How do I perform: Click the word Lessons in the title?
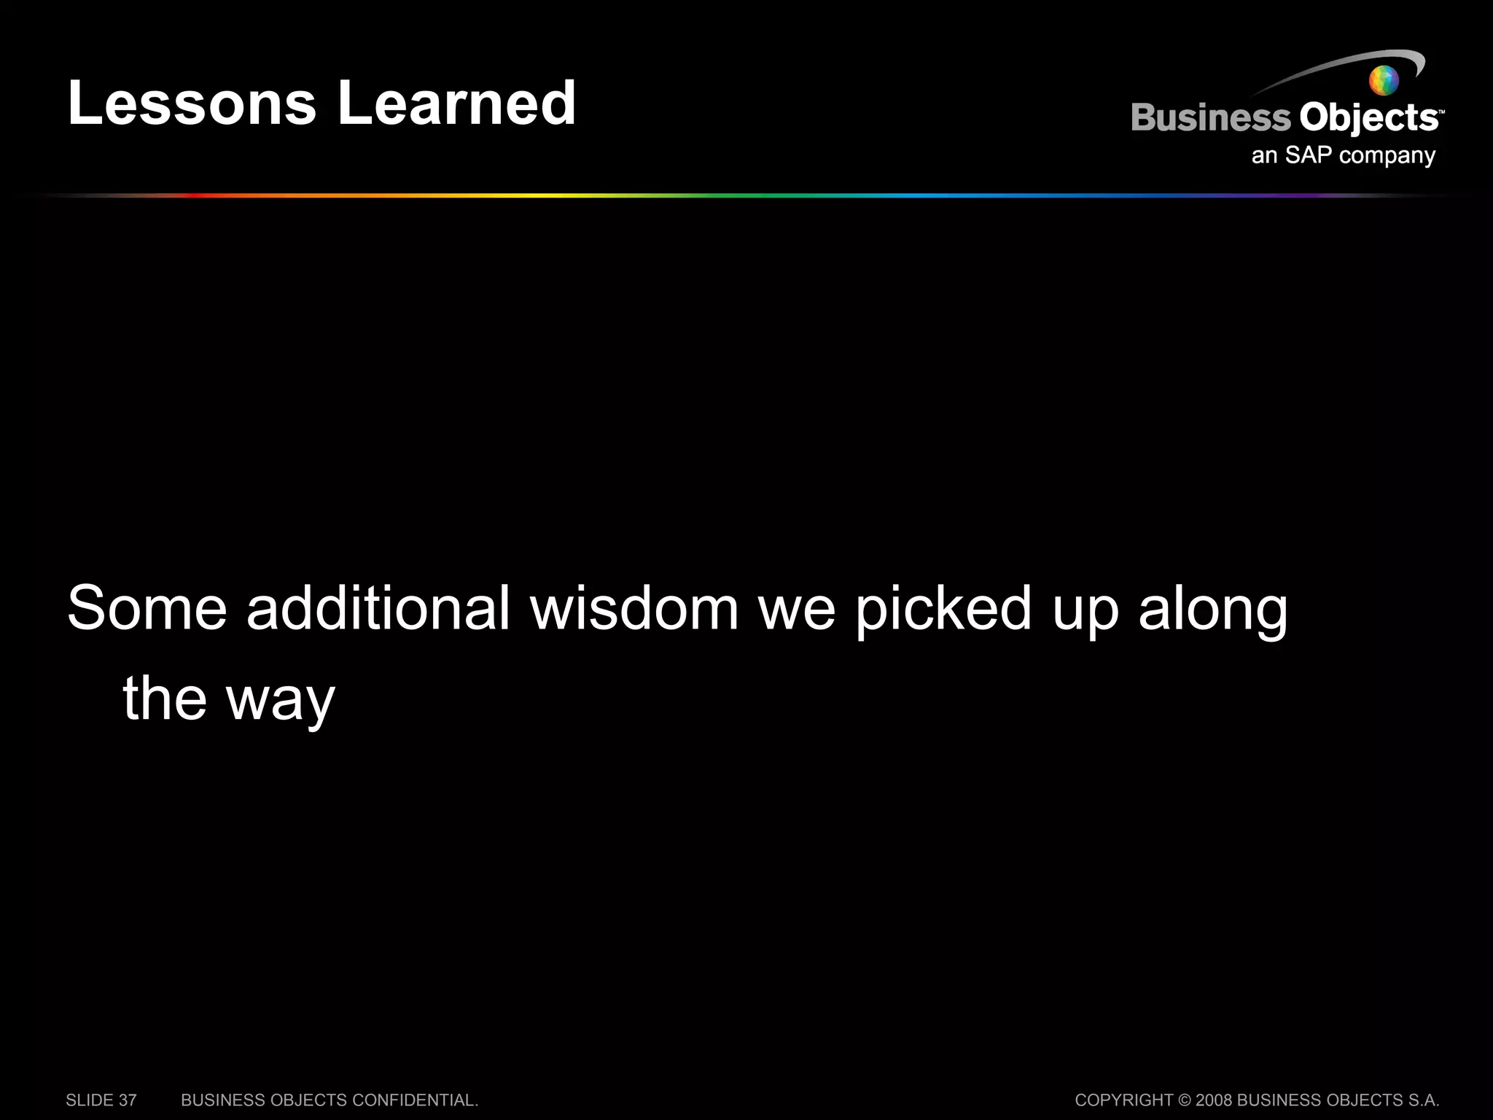coord(192,103)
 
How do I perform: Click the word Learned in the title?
coord(457,103)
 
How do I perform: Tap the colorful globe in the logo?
coord(1384,80)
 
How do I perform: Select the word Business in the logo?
coord(1210,118)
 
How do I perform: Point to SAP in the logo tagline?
coord(1309,155)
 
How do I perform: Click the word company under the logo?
coord(1387,156)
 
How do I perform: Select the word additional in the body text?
coord(378,608)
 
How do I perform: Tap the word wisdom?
coord(634,608)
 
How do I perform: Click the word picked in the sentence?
coord(943,608)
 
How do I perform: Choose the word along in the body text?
coord(1213,608)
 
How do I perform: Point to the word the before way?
coord(165,699)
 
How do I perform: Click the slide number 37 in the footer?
coord(128,1100)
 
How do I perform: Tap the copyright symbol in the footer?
coord(1185,1100)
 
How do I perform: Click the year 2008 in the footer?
coord(1214,1100)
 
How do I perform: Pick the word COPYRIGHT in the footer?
coord(1123,1100)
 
